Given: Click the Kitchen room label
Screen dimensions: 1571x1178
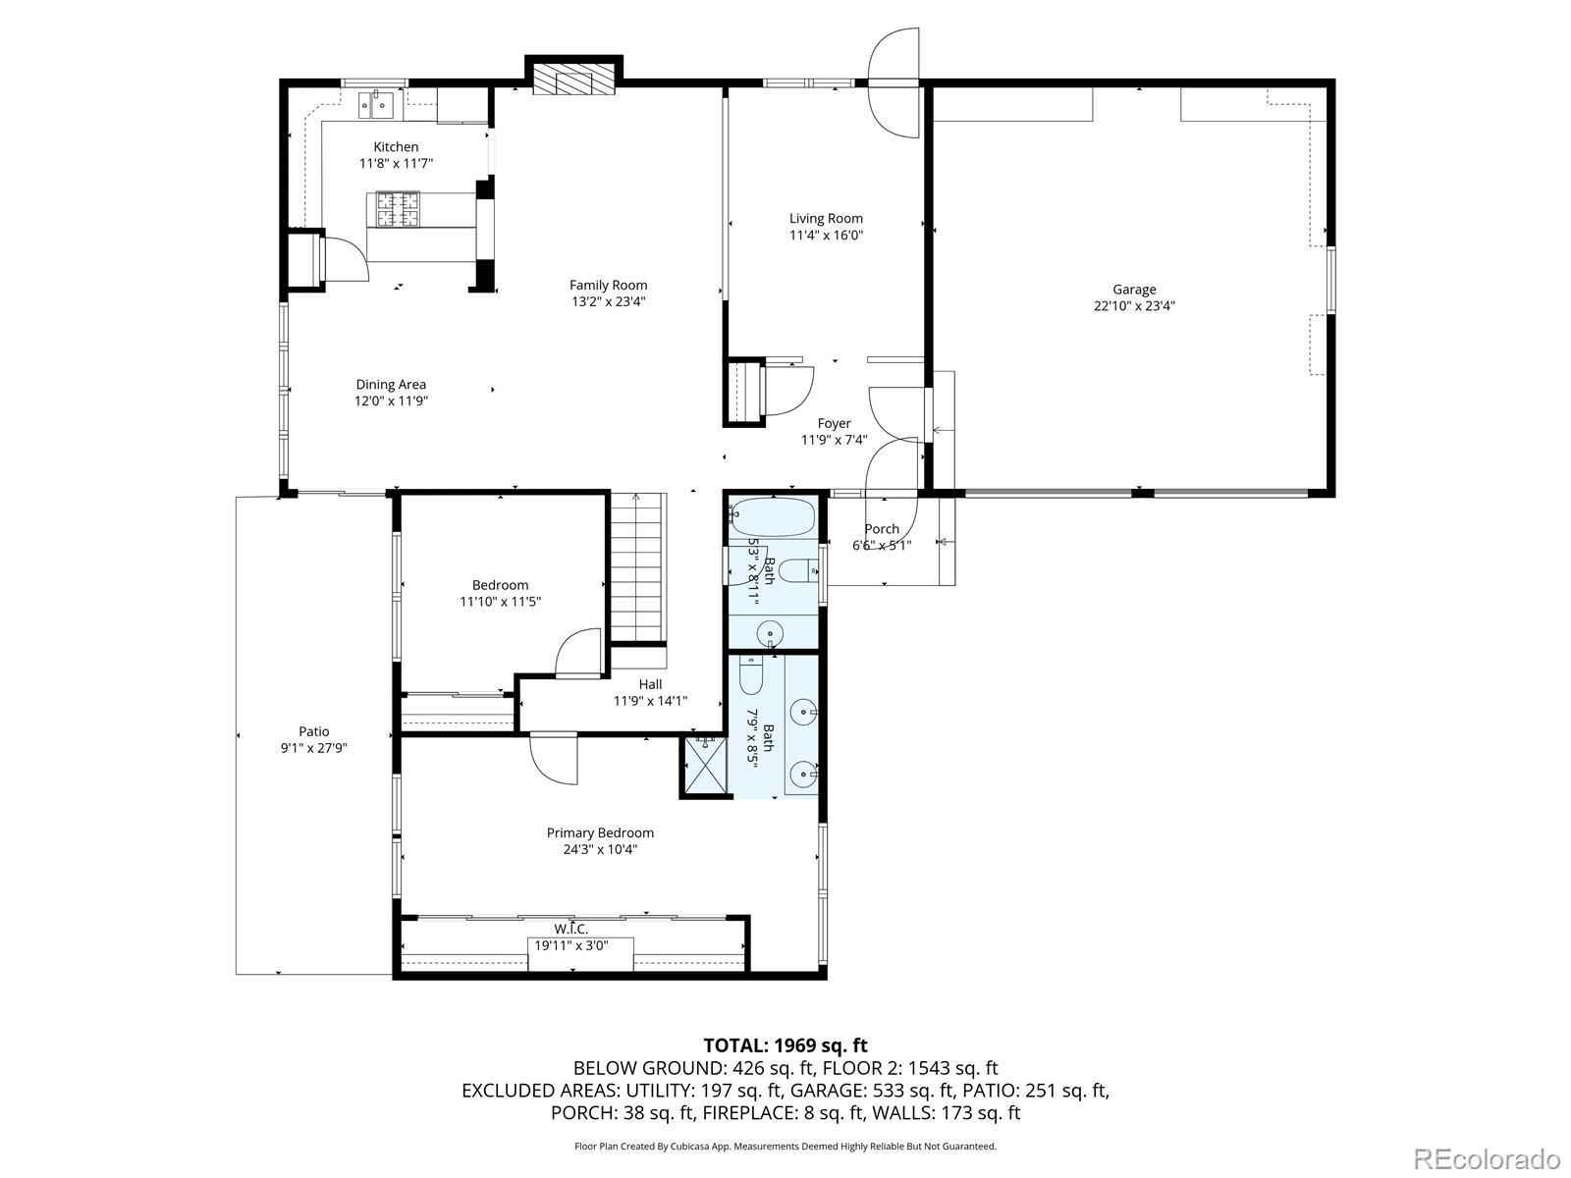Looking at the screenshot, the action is (396, 146).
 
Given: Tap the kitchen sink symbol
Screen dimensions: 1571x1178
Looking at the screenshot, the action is (377, 105).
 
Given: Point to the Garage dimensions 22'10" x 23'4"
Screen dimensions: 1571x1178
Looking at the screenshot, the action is (1134, 306).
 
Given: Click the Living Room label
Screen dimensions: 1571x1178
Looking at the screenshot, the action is (826, 218).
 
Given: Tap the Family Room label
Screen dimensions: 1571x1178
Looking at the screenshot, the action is (609, 285).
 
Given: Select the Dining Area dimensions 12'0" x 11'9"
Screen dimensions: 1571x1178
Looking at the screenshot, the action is (391, 401).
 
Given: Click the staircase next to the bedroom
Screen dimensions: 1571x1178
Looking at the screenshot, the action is (637, 568).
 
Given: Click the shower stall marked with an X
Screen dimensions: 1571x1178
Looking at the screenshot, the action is (705, 765).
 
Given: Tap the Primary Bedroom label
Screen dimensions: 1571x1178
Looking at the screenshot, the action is (600, 832).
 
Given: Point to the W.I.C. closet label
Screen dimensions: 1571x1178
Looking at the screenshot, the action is (571, 929).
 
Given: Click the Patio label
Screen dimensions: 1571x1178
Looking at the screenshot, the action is (314, 731).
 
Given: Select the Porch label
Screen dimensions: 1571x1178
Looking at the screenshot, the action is (882, 528).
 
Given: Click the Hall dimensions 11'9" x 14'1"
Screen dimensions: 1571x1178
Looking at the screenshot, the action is (650, 701).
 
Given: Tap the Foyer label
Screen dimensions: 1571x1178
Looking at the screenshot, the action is (834, 423).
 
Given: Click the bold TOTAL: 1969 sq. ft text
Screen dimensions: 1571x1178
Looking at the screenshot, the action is (785, 1044).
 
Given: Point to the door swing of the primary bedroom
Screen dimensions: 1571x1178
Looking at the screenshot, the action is (553, 758).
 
